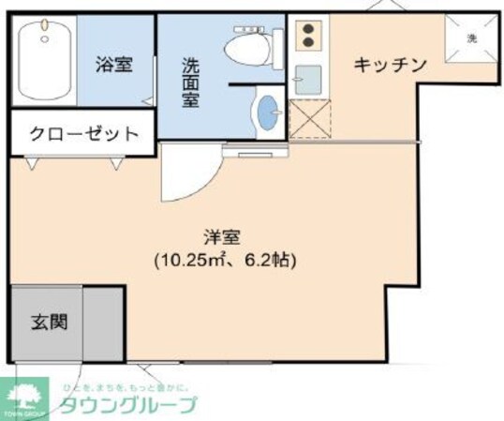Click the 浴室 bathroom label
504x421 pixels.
[113, 65]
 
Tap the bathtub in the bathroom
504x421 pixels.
[45, 61]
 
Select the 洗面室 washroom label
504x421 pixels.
[190, 83]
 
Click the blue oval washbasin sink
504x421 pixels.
[267, 112]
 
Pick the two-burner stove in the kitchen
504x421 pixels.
[308, 35]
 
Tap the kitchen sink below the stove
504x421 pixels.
[306, 77]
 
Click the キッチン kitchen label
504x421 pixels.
[390, 65]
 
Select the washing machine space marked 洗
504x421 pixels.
[471, 38]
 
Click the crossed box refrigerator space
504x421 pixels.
[306, 119]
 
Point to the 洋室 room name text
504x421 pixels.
[225, 237]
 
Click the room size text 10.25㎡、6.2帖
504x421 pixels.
[225, 260]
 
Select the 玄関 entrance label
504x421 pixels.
[46, 322]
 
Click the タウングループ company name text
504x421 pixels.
[129, 406]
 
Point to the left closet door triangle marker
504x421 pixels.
[34, 163]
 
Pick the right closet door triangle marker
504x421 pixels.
[116, 163]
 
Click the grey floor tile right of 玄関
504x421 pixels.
[103, 322]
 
